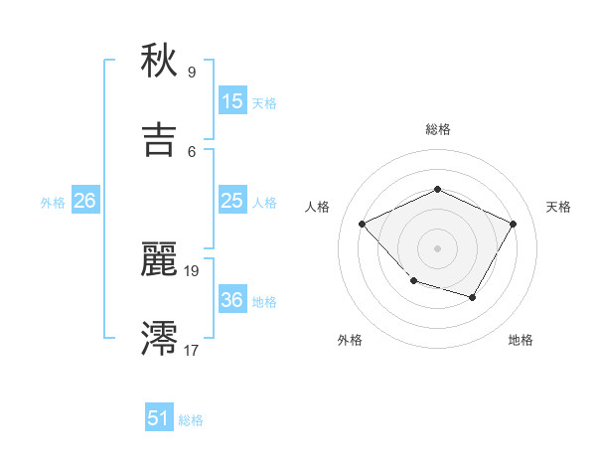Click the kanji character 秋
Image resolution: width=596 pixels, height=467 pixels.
[x=159, y=62]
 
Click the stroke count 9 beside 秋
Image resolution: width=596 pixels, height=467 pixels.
[x=191, y=72]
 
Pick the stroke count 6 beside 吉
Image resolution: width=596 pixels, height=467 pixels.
[x=191, y=151]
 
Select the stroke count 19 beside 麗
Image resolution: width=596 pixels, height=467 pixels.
[x=193, y=270]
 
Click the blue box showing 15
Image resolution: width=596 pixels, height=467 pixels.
[x=231, y=101]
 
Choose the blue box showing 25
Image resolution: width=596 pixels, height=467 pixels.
[x=231, y=201]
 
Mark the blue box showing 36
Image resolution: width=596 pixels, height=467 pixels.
[x=231, y=300]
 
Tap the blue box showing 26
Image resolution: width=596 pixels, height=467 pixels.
[x=84, y=201]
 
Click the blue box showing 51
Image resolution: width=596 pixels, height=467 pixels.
[x=159, y=418]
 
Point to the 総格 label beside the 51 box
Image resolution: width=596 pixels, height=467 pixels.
[x=191, y=420]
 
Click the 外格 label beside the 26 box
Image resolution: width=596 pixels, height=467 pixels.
[x=53, y=203]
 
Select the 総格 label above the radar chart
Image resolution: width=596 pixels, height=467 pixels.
[x=437, y=129]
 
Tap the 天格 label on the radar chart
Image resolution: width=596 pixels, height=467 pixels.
[x=558, y=207]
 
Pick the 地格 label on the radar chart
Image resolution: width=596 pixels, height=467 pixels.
[x=521, y=340]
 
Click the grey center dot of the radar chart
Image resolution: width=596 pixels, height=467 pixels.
[x=437, y=247]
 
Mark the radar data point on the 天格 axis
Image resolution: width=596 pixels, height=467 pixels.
[x=513, y=224]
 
